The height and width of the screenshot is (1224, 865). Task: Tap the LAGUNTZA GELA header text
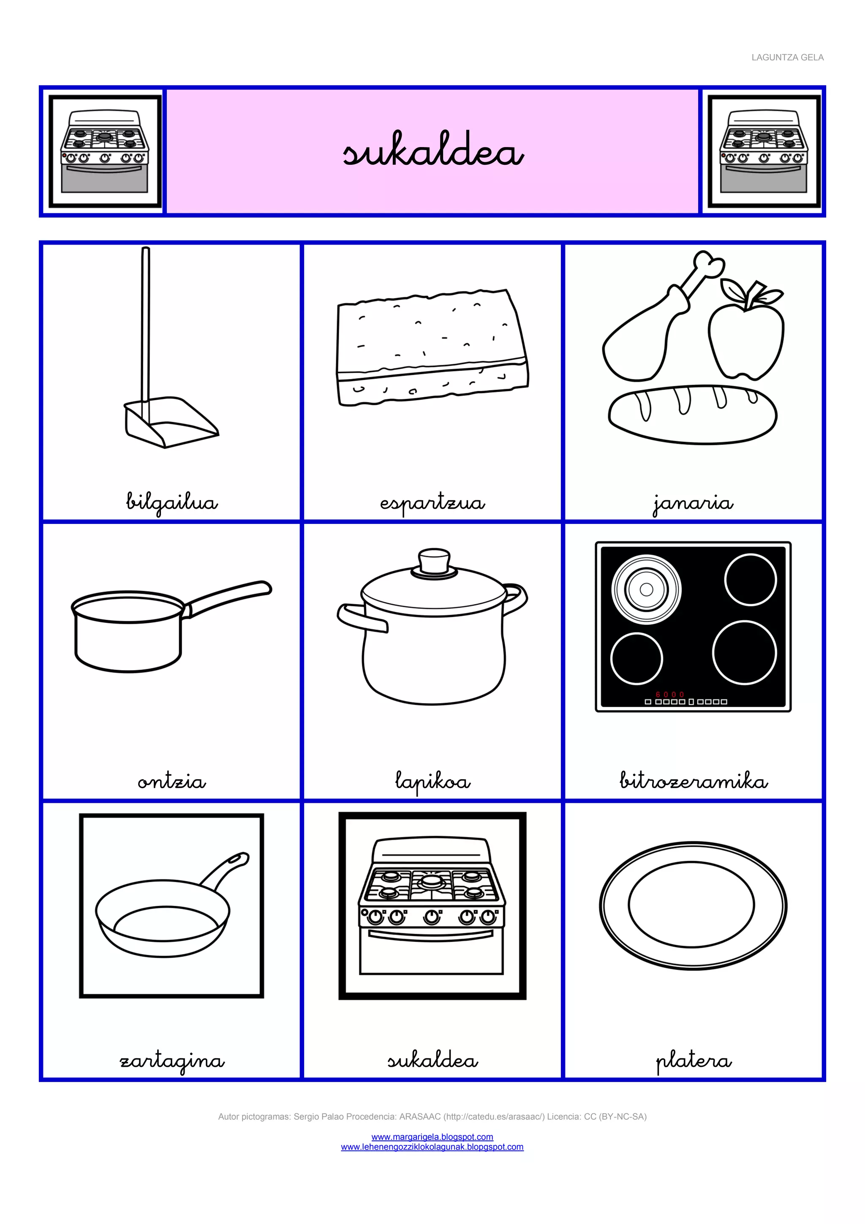[787, 57]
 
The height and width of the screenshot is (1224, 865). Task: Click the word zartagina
[171, 1060]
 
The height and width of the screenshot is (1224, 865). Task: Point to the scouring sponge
[432, 347]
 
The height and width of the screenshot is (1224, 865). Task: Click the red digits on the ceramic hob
[670, 695]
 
